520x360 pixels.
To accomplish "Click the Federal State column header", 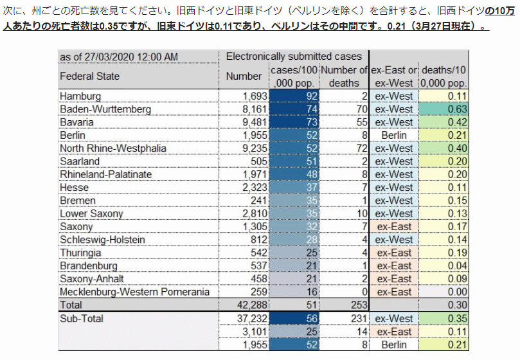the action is (x=89, y=76).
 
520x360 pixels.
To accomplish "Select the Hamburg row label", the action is (x=80, y=96).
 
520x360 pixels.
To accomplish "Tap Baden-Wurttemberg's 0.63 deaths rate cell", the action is (x=444, y=109).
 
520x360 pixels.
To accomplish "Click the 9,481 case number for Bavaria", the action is (x=255, y=122).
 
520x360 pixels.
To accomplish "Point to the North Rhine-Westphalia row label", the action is (x=112, y=148).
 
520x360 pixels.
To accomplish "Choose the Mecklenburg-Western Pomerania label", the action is (x=134, y=292).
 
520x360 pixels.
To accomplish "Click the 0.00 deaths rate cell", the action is (x=444, y=292).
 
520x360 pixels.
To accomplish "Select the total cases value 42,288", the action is (x=252, y=305).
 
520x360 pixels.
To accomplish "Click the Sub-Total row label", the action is (x=82, y=318).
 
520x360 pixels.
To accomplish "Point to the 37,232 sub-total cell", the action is (x=252, y=318).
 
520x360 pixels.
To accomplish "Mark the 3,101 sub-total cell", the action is (x=255, y=332).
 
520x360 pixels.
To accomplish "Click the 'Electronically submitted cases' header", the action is (x=294, y=57).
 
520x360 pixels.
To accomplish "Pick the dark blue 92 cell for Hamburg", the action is (x=294, y=96).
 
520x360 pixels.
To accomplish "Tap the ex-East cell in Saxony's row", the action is (x=394, y=227).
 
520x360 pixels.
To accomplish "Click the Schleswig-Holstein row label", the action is (x=102, y=240).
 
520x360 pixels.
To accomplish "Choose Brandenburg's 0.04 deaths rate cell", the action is (x=444, y=265).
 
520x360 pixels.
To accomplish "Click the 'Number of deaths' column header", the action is (x=344, y=76).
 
